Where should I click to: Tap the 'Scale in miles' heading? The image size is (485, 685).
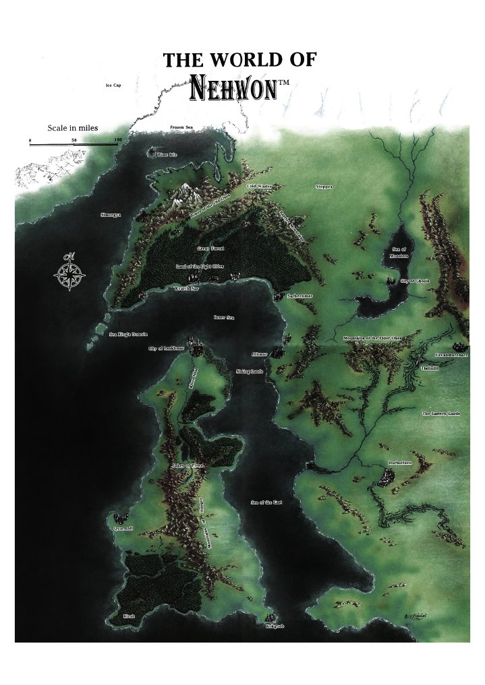point(74,128)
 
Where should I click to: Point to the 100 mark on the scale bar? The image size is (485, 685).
point(117,140)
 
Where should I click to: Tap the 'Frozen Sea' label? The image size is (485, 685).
point(182,127)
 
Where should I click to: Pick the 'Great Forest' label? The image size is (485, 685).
point(210,249)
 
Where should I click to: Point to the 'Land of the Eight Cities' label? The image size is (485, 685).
point(200,267)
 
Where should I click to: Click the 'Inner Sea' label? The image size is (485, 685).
point(223,317)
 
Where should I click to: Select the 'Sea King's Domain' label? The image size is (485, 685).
point(128,334)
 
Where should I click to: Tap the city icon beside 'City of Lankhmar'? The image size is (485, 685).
point(196,347)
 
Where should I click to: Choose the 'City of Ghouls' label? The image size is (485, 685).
point(415,281)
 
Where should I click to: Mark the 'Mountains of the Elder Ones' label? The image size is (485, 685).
point(377,339)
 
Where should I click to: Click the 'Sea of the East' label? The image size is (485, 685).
point(266,502)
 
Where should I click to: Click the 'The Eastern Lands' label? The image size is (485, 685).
point(440,413)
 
